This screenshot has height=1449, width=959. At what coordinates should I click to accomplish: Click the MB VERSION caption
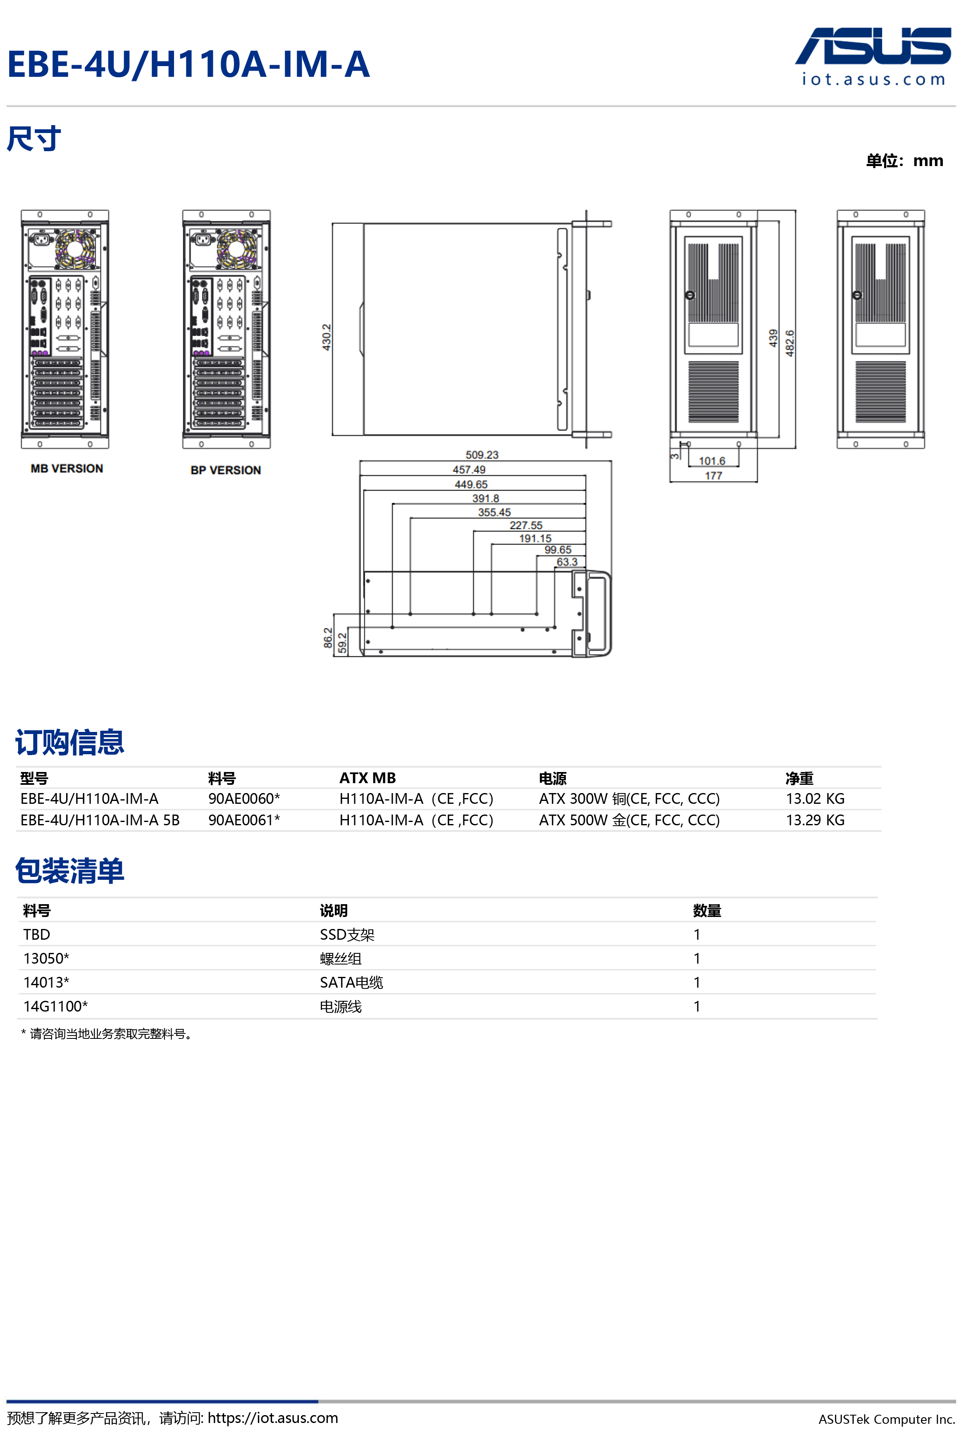(x=67, y=469)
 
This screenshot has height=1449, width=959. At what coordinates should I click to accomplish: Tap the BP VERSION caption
(x=226, y=470)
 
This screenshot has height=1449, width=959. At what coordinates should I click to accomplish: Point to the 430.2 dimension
(x=327, y=337)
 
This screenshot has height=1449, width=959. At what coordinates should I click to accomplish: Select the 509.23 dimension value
(x=482, y=455)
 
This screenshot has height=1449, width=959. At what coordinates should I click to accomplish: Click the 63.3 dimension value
(x=567, y=562)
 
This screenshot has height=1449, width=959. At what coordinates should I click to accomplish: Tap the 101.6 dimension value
(x=712, y=461)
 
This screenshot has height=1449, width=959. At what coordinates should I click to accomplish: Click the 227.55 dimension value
(x=526, y=525)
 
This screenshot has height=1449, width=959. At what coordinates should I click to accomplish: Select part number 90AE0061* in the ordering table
(x=244, y=820)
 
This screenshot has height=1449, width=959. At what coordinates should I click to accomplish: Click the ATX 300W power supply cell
(x=629, y=799)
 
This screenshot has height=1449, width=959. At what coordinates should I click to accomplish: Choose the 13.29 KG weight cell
(x=815, y=820)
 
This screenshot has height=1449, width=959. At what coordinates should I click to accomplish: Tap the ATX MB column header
(x=367, y=778)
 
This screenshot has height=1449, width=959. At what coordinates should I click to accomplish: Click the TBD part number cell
(x=37, y=934)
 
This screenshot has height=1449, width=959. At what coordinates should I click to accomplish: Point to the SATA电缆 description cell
(x=352, y=982)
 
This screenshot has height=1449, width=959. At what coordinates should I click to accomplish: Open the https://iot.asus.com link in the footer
(x=273, y=1418)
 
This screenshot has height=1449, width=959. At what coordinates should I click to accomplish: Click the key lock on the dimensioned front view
(x=690, y=295)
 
